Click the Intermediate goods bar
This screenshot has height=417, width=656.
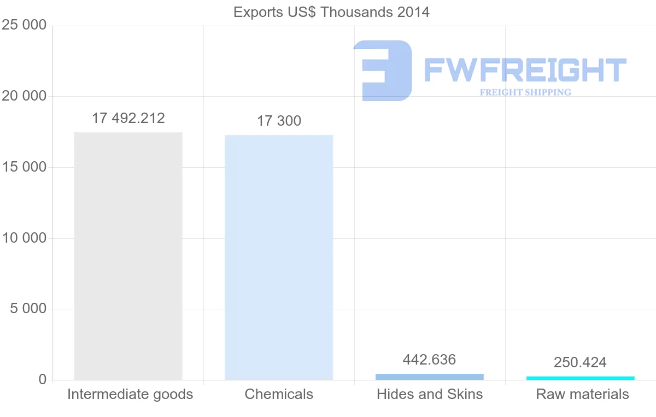click(x=128, y=256)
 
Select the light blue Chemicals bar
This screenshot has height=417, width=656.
click(x=279, y=257)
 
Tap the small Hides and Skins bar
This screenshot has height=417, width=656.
click(x=430, y=377)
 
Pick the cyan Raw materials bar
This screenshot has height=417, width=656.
click(x=581, y=378)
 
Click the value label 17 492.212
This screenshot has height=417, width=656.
click(x=128, y=118)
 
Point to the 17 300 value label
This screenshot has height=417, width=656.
click(x=279, y=121)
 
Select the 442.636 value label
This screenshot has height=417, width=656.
click(x=429, y=360)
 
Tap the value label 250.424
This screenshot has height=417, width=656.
click(x=580, y=362)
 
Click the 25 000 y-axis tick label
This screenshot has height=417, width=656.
click(x=24, y=26)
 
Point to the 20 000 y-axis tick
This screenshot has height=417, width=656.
click(x=24, y=96)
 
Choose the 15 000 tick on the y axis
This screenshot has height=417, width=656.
click(x=24, y=167)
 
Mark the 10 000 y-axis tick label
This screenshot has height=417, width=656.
click(x=24, y=238)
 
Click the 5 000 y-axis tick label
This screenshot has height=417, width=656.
click(x=28, y=309)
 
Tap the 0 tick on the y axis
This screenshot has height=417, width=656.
click(x=43, y=380)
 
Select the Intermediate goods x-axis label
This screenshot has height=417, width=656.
click(x=130, y=394)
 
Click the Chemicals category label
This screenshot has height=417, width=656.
click(x=279, y=394)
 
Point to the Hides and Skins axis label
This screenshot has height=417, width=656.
click(x=430, y=394)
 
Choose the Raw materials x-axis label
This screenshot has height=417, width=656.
click(x=582, y=394)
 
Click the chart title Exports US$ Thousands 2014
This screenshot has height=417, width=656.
click(x=331, y=12)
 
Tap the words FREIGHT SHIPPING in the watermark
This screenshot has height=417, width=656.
click(x=525, y=92)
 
